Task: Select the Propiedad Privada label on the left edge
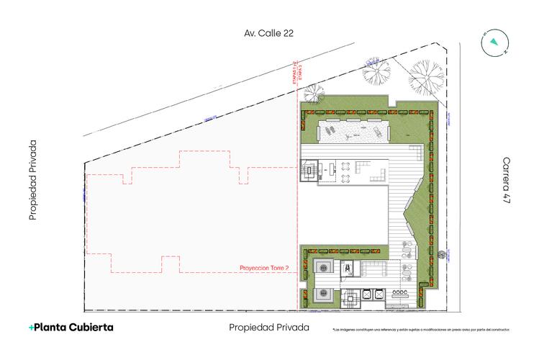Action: click(32, 180)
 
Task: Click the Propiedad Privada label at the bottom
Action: click(268, 328)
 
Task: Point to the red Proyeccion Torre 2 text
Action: click(263, 269)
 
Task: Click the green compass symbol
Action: click(494, 42)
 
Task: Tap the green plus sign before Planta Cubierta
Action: click(32, 328)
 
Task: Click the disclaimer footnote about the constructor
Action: click(421, 330)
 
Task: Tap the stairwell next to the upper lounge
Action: click(309, 173)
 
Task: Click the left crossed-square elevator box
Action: click(366, 293)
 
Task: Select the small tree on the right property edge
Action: click(438, 252)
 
